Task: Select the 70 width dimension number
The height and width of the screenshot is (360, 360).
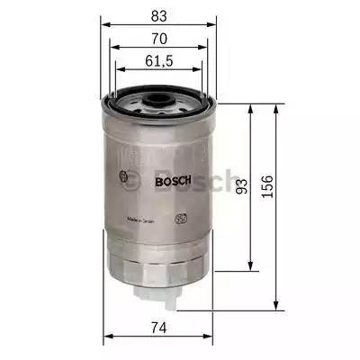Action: (x=159, y=40)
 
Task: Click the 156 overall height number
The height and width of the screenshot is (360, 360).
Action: (x=267, y=185)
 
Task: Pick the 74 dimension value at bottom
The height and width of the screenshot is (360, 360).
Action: (x=159, y=327)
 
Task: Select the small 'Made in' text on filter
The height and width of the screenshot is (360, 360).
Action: (x=142, y=218)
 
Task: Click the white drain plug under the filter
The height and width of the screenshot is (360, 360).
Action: (x=159, y=292)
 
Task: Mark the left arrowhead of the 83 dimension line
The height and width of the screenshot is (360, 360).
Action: (x=103, y=24)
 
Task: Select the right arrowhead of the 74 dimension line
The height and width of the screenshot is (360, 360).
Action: (x=211, y=338)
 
